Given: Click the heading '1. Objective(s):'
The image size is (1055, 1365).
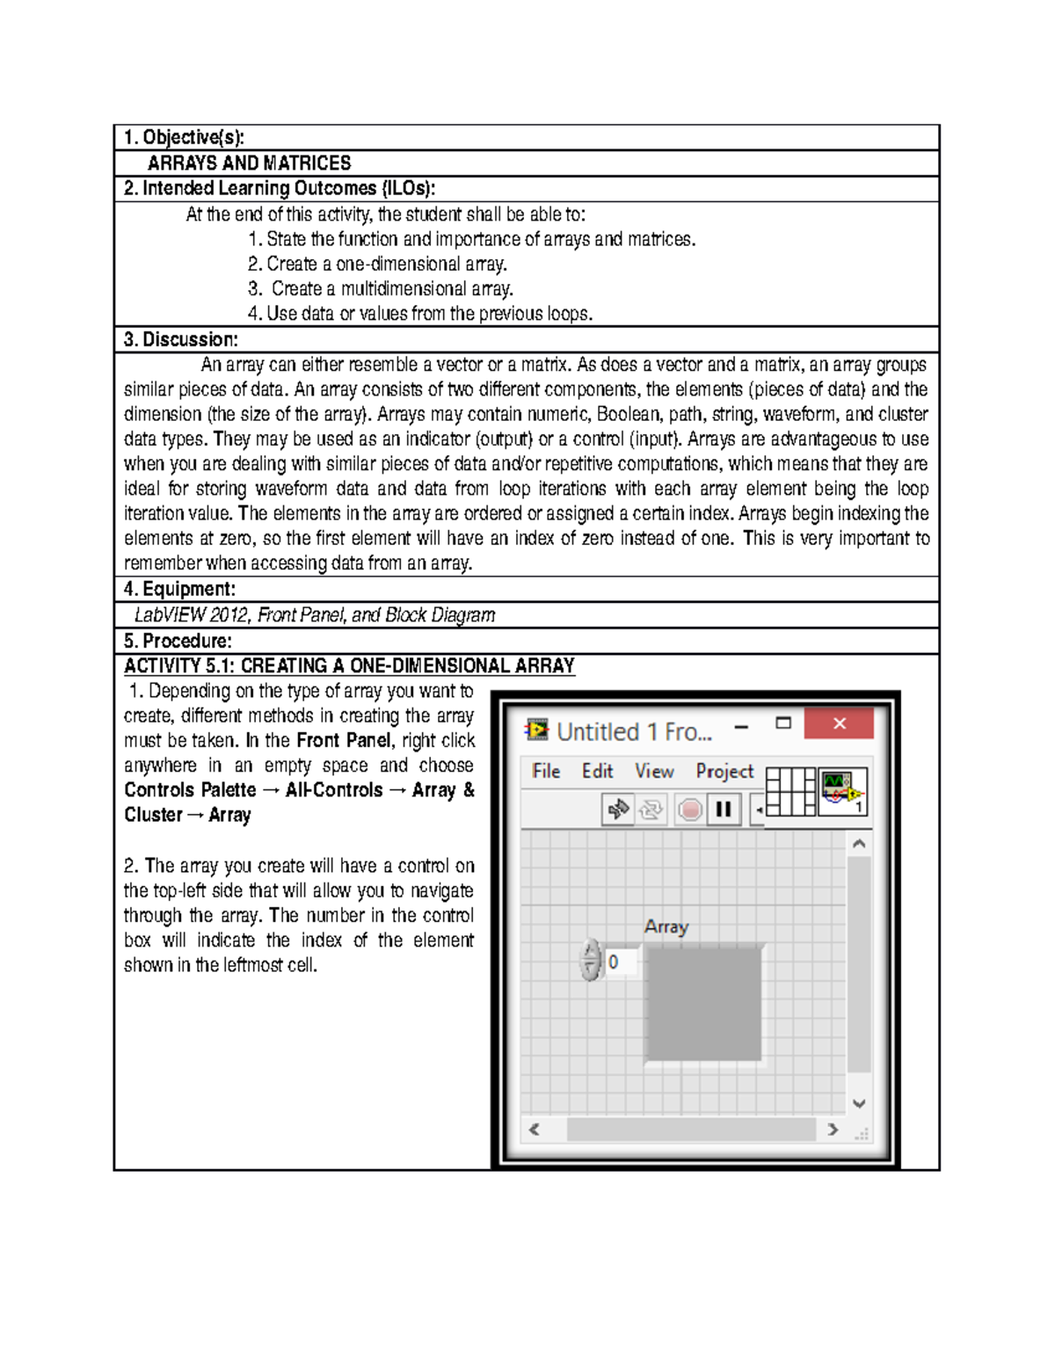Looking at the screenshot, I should coord(184,137).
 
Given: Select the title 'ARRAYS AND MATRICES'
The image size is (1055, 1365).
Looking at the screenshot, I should coord(249,163).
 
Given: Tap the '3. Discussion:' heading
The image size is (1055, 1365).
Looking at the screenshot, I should coord(180,339).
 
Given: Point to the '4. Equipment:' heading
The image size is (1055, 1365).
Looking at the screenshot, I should coord(179,589).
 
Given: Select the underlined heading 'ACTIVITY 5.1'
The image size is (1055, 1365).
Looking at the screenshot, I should coord(178,666).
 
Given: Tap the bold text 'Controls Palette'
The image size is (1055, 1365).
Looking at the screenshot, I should coord(190,790).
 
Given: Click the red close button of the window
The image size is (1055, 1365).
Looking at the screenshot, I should coord(839,723).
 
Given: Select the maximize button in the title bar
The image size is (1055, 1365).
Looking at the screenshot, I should coord(783,723).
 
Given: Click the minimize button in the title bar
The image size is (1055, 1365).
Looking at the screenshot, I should coord(741,727).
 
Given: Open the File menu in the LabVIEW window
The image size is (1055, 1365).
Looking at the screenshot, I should coord(546,771).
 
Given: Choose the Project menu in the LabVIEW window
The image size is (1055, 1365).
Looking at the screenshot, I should coord(724,771).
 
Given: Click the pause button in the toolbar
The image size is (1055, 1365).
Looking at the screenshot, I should coord(724,809).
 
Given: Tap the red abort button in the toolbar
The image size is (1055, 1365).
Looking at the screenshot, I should coord(690,809).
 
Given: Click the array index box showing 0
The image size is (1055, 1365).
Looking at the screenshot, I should coord(621,962).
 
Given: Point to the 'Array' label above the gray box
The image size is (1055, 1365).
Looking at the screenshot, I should coord(666,926).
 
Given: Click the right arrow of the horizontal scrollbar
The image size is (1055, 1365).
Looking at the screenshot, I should coord(833,1129).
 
